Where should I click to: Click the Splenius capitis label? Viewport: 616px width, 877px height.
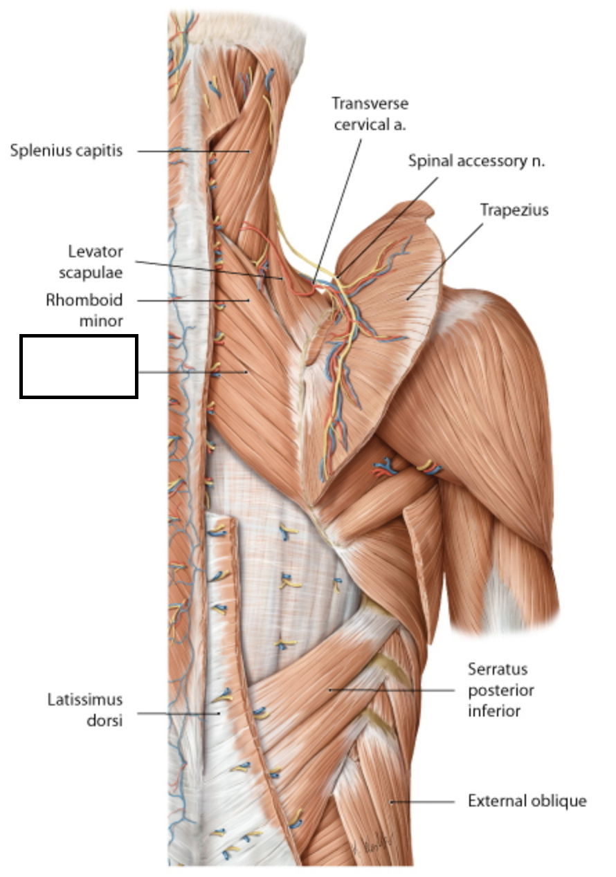point(66,150)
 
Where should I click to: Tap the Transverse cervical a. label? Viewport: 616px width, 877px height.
point(370,113)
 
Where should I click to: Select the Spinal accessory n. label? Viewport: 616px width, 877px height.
point(476,161)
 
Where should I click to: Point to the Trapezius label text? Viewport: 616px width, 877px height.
point(514,210)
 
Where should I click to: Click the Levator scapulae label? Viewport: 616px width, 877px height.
point(96,261)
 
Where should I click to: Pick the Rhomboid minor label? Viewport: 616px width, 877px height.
point(84,311)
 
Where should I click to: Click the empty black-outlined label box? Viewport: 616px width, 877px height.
point(79,367)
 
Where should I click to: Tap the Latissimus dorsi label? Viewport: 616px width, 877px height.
point(85,711)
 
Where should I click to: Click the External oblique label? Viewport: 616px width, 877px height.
point(527,801)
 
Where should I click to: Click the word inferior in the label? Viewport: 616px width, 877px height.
point(494,710)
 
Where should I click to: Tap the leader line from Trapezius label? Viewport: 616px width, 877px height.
point(443,263)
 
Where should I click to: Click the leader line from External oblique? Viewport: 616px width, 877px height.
point(422,802)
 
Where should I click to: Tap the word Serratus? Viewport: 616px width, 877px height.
point(498,669)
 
